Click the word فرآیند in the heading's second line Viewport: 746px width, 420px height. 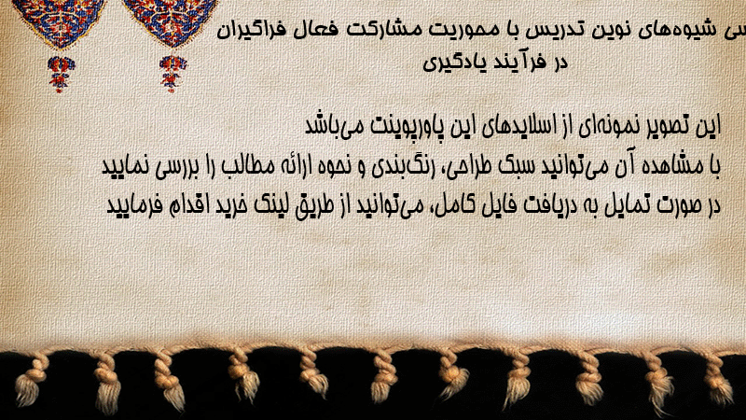click(522, 63)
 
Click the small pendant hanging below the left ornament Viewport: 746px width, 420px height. click(61, 74)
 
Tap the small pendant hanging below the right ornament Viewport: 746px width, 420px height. click(173, 73)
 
